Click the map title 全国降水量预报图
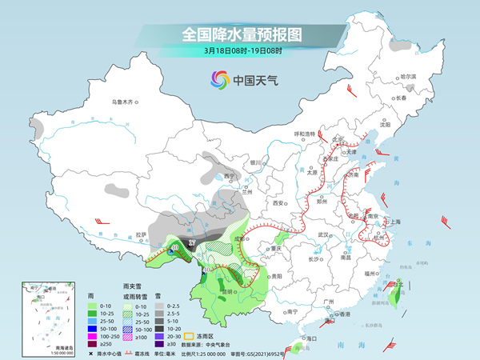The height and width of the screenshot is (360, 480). click(239, 35)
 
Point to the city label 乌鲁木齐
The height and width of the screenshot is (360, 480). click(125, 102)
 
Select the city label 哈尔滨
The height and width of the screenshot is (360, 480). click(408, 76)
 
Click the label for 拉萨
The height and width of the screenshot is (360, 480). click(141, 234)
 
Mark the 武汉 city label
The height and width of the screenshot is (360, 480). click(323, 234)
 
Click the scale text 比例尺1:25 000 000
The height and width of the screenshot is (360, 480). click(201, 353)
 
